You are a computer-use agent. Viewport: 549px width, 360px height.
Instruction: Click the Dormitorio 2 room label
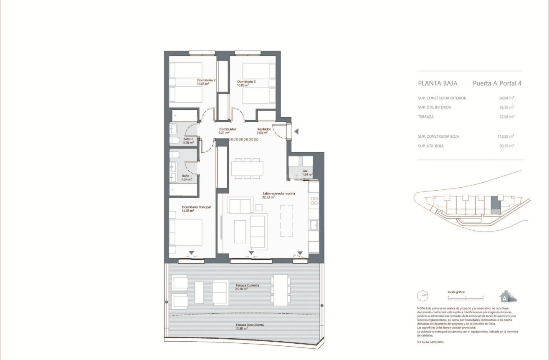coord(206,82)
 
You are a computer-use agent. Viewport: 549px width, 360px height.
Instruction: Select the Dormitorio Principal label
coord(196,209)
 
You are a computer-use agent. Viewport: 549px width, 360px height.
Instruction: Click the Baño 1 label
coord(187,178)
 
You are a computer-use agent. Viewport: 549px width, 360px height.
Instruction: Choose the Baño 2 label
coord(188,141)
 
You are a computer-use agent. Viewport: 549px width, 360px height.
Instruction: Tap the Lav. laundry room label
coord(306,172)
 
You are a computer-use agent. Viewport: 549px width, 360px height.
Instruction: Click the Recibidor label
coord(264,131)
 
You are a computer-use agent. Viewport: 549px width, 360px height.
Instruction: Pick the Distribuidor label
coord(228,131)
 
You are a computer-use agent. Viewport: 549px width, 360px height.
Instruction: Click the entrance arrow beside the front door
coord(296,132)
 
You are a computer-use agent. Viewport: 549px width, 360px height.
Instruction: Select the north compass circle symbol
coord(423,296)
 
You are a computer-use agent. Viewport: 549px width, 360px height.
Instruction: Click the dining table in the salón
coord(247,169)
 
